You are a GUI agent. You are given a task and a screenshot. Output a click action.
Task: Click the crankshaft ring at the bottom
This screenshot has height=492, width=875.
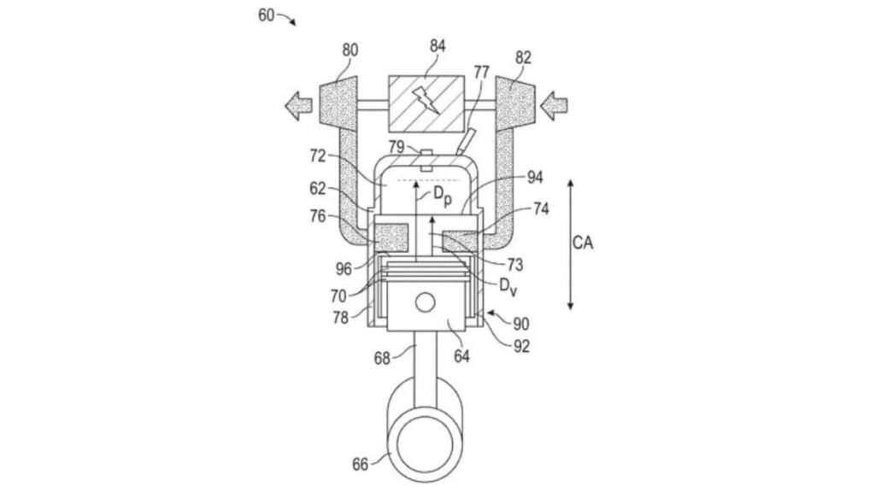point(426,434)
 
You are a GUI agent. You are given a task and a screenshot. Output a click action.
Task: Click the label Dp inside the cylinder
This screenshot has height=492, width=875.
point(442,196)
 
